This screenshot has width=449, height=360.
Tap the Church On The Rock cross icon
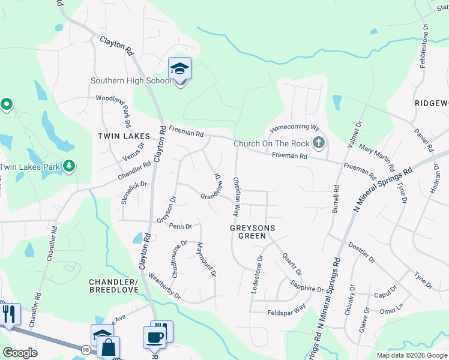point(319,143)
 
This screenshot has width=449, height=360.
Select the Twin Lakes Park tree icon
point(69,166)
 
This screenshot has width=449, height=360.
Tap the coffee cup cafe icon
point(154,337)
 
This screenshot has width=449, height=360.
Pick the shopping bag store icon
point(109,347)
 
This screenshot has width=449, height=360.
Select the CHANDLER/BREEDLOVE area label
point(113,286)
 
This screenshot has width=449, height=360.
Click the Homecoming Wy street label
point(294,128)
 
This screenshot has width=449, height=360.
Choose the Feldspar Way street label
point(286,308)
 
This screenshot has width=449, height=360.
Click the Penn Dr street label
point(180,227)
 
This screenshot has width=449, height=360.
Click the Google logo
point(20,353)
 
